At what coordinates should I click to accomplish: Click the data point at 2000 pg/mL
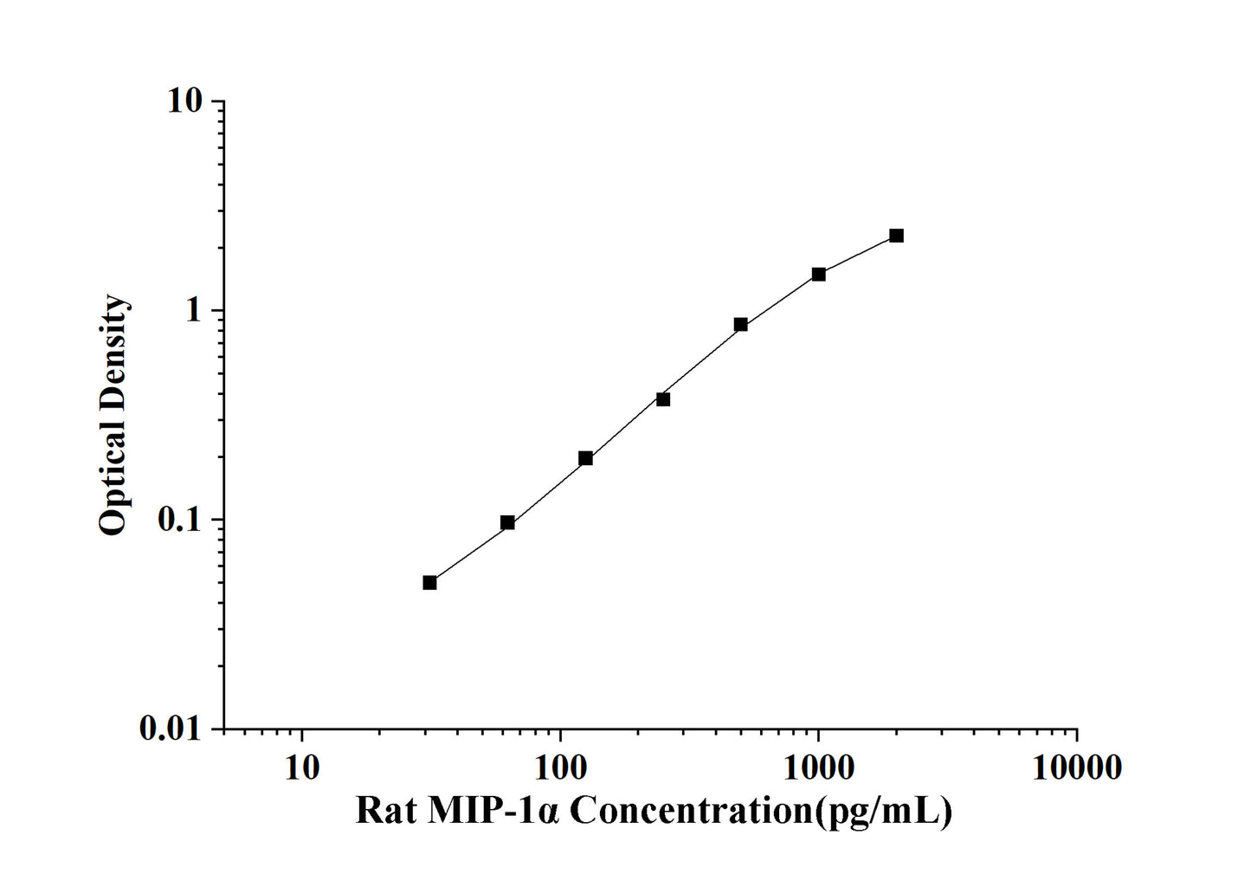point(896,236)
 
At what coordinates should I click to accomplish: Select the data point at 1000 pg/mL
point(818,275)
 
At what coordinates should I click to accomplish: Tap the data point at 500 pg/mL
point(740,325)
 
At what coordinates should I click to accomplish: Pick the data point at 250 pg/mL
point(663,399)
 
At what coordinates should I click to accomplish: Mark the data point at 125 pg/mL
point(585,458)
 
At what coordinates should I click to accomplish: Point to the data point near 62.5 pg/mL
point(507,522)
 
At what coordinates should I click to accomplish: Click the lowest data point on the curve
point(429,583)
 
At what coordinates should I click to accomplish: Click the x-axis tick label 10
point(301,767)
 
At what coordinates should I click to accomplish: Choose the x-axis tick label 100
point(560,767)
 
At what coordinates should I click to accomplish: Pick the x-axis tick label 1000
point(818,767)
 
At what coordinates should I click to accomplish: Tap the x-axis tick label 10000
point(1076,767)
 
